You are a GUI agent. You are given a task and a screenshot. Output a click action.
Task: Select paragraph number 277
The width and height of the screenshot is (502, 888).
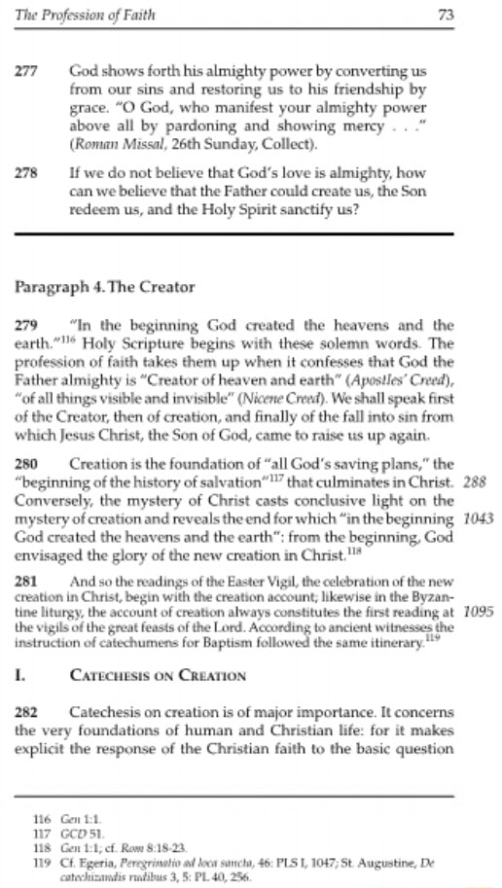coord(26,72)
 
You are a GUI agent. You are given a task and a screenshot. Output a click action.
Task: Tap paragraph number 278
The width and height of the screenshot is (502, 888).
coord(26,169)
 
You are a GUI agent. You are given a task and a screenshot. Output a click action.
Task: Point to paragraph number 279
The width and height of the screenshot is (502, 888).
coord(26,324)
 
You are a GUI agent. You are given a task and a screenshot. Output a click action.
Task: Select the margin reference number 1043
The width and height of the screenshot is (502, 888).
coord(480,518)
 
